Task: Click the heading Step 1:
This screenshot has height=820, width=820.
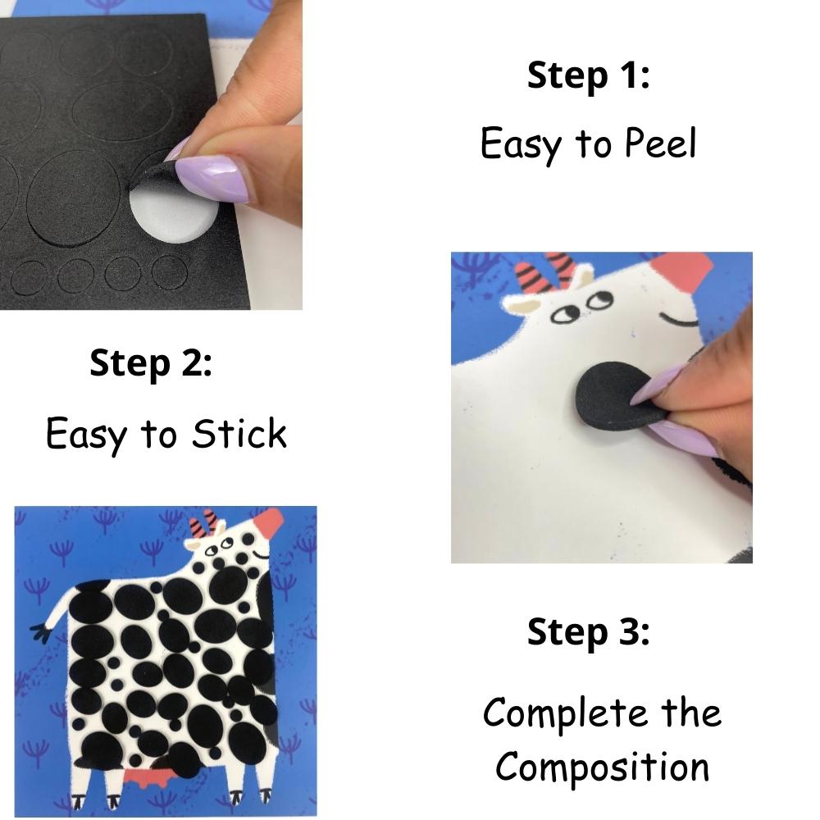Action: [x=588, y=75]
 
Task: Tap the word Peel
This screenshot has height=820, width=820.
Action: [x=659, y=144]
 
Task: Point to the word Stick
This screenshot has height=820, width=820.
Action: [x=239, y=434]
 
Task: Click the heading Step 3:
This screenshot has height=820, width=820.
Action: [x=588, y=632]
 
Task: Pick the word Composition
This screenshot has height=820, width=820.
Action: [x=602, y=767]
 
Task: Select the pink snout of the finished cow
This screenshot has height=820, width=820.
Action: [x=271, y=521]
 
